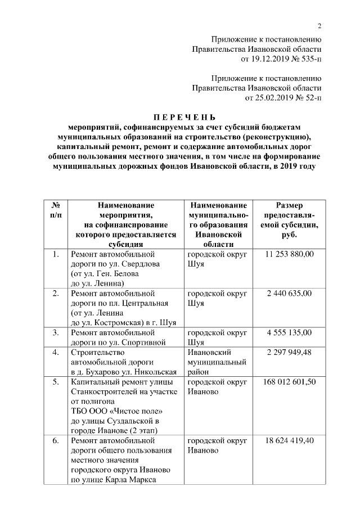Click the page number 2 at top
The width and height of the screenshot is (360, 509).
(319, 26)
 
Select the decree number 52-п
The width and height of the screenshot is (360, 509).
(309, 98)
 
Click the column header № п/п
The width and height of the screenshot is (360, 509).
(56, 211)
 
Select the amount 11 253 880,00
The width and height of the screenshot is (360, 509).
(289, 254)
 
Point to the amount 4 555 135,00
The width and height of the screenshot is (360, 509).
(289, 332)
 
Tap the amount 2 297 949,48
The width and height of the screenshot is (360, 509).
(289, 352)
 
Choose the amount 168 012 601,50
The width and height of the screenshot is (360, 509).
(289, 382)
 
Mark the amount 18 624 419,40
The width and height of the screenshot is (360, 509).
(289, 440)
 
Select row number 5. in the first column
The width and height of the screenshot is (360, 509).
(56, 382)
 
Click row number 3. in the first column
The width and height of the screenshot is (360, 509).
(56, 332)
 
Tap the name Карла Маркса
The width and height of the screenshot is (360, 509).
(130, 480)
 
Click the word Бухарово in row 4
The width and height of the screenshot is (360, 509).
(98, 372)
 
